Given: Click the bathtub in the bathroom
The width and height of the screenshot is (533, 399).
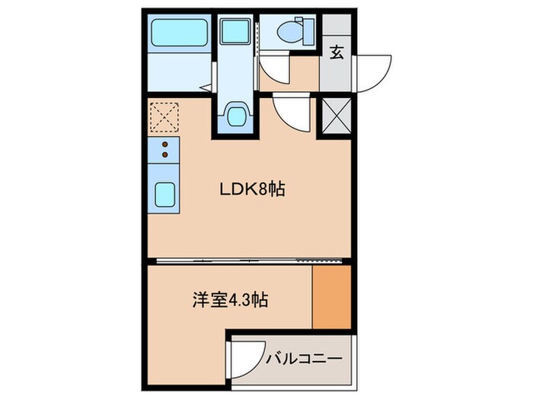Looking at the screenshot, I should tap(176, 34).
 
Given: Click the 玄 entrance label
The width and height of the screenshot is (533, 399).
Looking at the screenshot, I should tap(336, 52).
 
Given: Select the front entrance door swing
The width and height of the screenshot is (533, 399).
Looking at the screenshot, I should tap(372, 71).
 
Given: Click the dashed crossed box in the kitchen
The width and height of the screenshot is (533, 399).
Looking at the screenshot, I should tap(163, 117).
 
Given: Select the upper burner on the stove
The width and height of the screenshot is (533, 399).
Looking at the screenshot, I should tap(164, 145).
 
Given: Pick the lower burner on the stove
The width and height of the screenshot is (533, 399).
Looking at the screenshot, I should tap(164, 156).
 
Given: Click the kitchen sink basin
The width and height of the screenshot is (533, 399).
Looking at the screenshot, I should tap(165, 196).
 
